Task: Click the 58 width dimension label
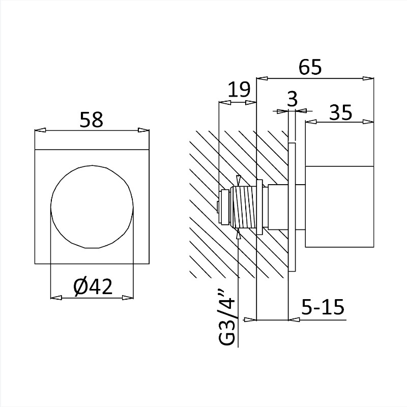(92, 120)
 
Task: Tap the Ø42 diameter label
(93, 287)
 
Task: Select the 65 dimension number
(310, 67)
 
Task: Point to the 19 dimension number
(239, 90)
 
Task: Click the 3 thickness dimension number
(293, 99)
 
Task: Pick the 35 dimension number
(340, 112)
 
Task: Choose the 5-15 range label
(323, 307)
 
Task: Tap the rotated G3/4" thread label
(226, 319)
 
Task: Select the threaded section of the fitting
(244, 207)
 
